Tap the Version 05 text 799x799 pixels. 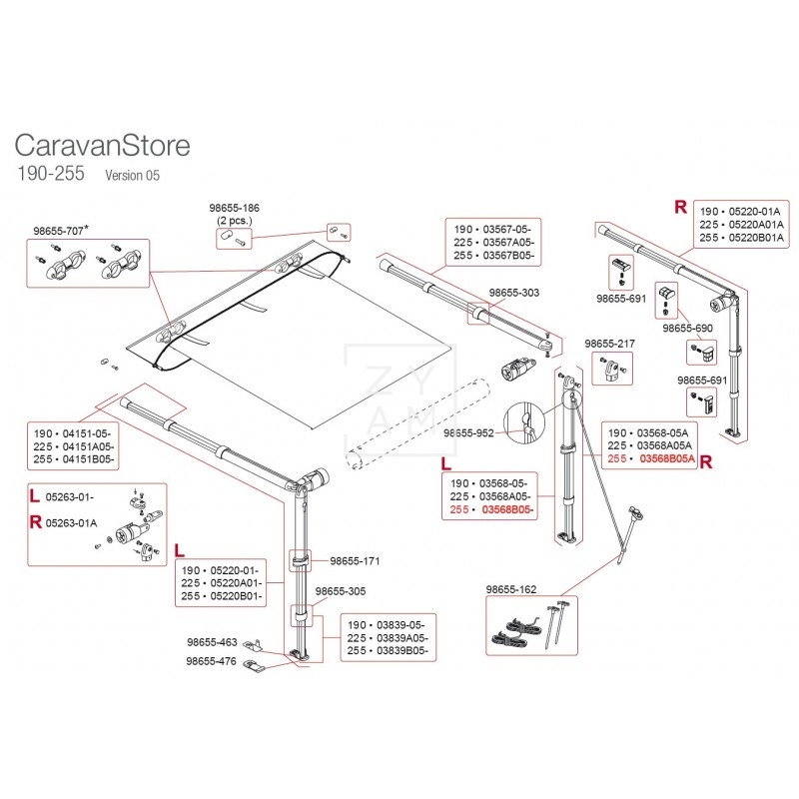point(132,176)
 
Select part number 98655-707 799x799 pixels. point(58,230)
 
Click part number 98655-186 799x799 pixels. point(234,207)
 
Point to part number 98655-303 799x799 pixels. point(515,293)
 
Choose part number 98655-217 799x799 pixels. point(609,343)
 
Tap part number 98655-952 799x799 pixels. point(470,432)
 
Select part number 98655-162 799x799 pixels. point(511,589)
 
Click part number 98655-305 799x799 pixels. point(341,590)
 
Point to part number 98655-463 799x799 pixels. point(212,642)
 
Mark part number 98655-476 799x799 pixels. point(212,661)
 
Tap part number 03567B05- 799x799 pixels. point(508,257)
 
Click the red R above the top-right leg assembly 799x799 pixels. point(680,207)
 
